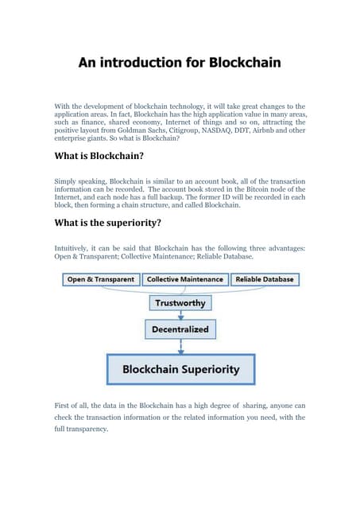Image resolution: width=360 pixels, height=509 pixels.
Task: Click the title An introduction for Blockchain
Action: pos(180,62)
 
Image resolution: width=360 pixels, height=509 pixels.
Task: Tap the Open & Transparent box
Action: pos(100,280)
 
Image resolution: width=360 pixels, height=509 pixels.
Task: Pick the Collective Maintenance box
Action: pos(184,280)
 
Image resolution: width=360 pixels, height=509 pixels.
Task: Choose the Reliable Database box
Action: pos(264,280)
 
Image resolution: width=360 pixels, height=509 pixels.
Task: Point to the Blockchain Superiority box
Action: pos(180,369)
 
